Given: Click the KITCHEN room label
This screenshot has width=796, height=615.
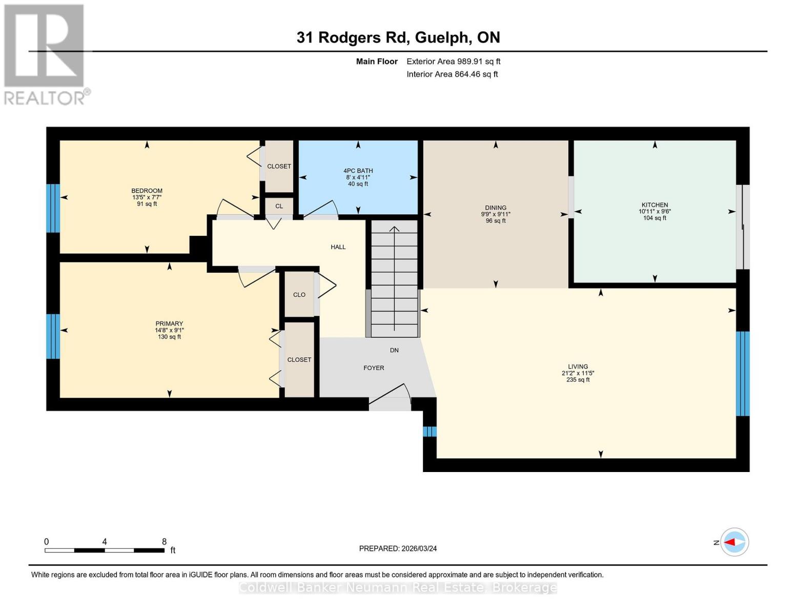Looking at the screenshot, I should point(655,205).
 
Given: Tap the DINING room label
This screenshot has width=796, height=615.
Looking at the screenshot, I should point(495,208).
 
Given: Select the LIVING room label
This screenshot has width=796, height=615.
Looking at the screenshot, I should point(578,366).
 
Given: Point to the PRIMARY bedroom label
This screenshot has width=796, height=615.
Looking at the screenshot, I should point(169,323).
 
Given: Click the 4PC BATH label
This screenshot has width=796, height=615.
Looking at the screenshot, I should point(358,171).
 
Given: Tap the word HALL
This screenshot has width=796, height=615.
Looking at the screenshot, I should point(338,247).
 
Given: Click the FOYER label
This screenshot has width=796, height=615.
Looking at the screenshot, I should point(374,368).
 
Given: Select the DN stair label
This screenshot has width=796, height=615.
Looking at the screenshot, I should point(394,351).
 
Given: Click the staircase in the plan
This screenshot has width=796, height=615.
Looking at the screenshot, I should point(394,279).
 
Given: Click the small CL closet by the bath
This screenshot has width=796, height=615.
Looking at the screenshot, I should point(279,207).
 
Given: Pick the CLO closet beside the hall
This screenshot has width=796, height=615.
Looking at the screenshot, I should point(299,295).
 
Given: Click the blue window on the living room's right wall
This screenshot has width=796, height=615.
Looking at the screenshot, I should point(743,374).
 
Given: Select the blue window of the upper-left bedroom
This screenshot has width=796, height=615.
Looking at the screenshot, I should point(53,208).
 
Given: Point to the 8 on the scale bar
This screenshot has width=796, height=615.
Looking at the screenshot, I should point(164,542).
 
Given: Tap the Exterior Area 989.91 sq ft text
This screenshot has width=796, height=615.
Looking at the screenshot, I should point(453,61).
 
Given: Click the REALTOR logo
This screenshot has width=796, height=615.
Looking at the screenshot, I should point(45,54).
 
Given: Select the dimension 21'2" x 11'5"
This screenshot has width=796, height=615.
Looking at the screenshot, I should point(578,373).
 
